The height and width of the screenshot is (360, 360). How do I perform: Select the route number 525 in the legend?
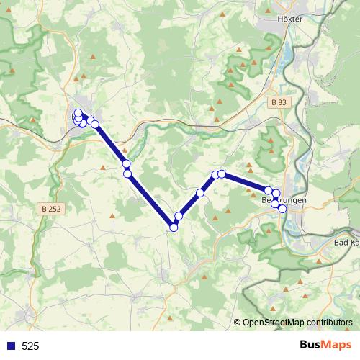(30, 346)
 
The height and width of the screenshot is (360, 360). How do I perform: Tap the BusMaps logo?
(325, 345)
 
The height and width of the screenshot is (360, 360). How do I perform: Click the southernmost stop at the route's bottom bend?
(174, 228)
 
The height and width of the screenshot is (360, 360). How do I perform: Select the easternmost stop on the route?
(282, 209)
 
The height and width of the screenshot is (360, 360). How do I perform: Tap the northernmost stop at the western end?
(78, 112)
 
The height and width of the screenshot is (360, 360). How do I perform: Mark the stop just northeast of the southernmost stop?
(179, 216)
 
